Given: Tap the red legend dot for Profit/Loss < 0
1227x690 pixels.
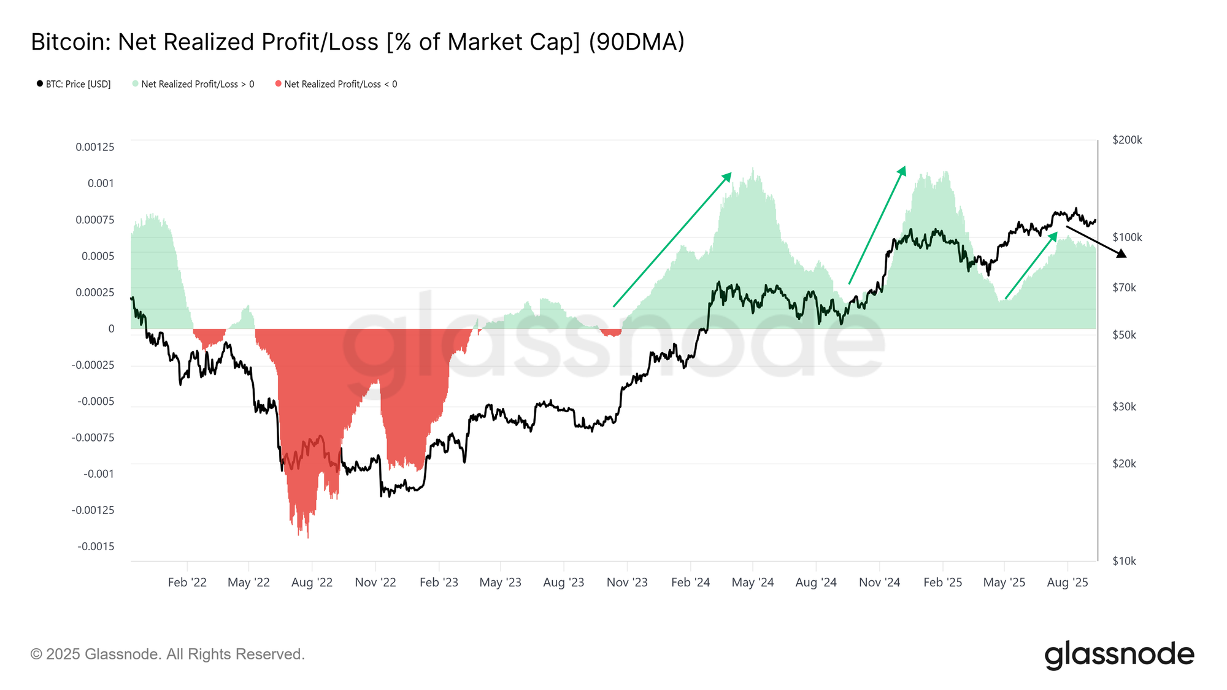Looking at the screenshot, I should pyautogui.click(x=279, y=83).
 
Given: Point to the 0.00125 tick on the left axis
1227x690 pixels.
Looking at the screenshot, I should pyautogui.click(x=95, y=147).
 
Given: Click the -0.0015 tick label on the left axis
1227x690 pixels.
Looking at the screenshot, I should pyautogui.click(x=96, y=546).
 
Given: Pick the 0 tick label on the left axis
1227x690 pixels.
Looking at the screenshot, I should pyautogui.click(x=111, y=329).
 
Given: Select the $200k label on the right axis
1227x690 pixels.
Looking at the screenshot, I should pyautogui.click(x=1127, y=140).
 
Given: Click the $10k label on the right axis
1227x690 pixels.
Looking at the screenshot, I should pyautogui.click(x=1124, y=561).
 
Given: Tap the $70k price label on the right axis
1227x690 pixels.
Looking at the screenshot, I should pyautogui.click(x=1124, y=288).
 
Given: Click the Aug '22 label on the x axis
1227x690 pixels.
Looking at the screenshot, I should pyautogui.click(x=312, y=583).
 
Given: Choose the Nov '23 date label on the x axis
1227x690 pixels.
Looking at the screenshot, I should pyautogui.click(x=627, y=583).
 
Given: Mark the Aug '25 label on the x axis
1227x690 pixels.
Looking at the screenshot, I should pyautogui.click(x=1067, y=583).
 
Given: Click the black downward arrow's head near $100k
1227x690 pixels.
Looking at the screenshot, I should pyautogui.click(x=1123, y=254).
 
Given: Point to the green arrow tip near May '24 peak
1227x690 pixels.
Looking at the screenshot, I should pyautogui.click(x=728, y=175).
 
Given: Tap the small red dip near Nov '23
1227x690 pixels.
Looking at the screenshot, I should pyautogui.click(x=612, y=333).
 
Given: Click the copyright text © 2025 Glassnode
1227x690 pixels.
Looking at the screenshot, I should pyautogui.click(x=167, y=654).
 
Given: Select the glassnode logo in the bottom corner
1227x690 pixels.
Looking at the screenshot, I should pyautogui.click(x=1119, y=655).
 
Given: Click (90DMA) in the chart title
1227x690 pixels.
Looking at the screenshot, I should pyautogui.click(x=636, y=42).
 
